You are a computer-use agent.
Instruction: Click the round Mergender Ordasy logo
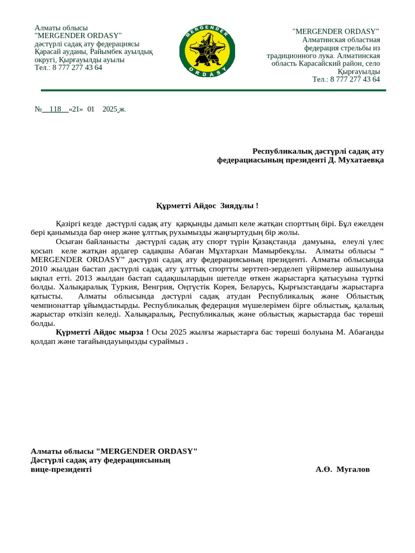point(207,51)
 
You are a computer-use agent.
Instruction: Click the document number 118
point(55,109)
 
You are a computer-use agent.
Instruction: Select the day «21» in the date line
point(76,109)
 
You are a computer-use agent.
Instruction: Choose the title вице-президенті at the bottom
point(61,469)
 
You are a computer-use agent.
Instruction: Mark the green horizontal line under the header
point(213,90)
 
